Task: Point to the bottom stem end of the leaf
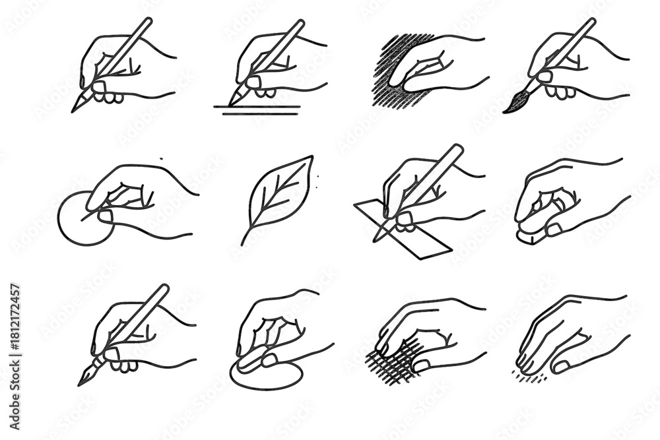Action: click(243, 243)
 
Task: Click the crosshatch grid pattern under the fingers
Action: click(391, 367)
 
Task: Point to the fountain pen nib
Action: click(86, 378)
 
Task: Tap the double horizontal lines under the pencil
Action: click(261, 110)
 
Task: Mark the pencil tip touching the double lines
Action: click(232, 103)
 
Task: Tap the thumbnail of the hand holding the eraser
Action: click(554, 230)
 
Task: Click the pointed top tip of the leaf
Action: click(312, 156)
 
